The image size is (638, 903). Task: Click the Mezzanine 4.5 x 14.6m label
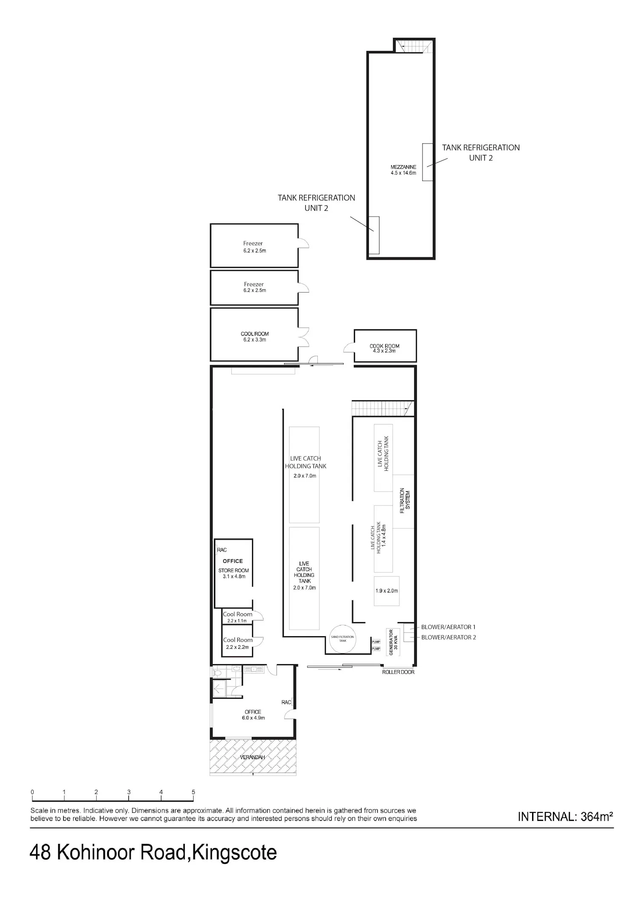403,170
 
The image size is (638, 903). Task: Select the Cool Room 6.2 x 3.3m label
255,337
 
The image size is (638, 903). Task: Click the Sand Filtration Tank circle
342,639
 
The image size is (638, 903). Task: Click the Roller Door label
398,672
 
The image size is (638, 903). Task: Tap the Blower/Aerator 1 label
448,627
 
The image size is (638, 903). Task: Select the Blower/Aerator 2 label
448,637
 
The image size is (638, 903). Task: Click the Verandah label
252,757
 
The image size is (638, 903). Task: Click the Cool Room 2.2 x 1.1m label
237,617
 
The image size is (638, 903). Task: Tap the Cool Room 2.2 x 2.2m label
238,643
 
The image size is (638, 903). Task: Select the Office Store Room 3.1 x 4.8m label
233,569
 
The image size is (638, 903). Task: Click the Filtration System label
404,501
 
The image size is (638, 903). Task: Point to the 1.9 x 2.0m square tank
387,591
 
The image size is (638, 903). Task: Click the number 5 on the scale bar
193,792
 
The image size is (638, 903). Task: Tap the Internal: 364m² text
565,817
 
